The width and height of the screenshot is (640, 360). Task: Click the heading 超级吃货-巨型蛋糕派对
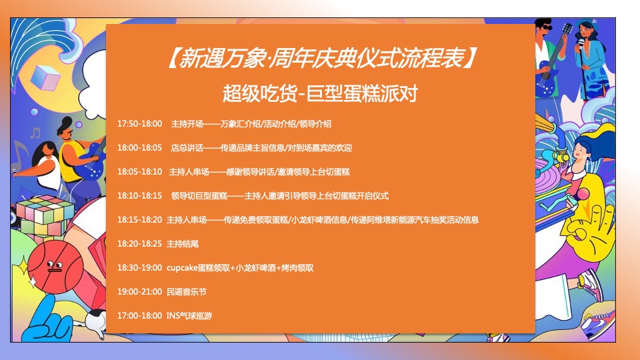tap(320, 93)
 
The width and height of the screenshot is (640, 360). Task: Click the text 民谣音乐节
tap(187, 291)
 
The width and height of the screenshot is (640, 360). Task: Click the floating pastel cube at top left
tap(45, 77)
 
